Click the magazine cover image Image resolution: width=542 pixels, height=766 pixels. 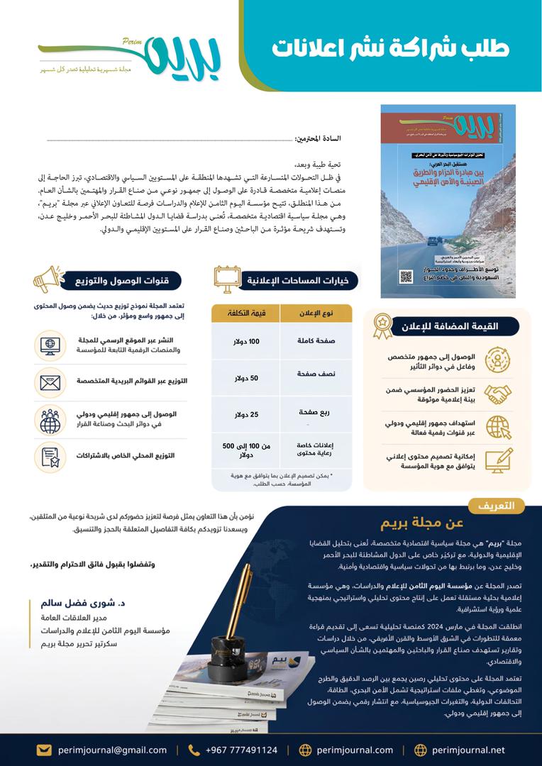click(x=438, y=201)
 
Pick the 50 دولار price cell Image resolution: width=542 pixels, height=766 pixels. click(x=246, y=377)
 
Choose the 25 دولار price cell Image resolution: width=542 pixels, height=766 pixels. click(x=246, y=414)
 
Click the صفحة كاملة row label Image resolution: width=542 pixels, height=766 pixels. click(x=316, y=341)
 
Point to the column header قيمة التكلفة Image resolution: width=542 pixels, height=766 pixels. click(x=246, y=313)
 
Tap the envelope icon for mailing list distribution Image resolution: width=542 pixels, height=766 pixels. click(x=50, y=382)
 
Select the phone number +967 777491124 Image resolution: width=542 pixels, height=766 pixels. click(x=241, y=750)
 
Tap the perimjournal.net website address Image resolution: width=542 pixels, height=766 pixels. click(x=469, y=750)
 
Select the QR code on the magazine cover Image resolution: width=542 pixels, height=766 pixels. click(x=406, y=276)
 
